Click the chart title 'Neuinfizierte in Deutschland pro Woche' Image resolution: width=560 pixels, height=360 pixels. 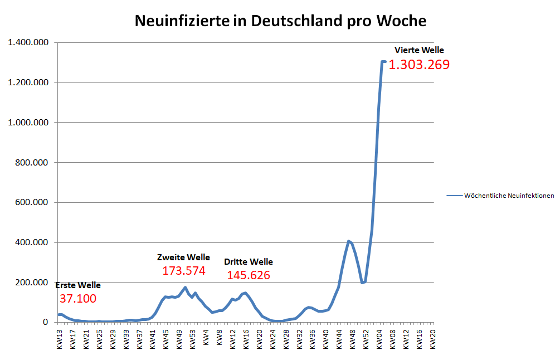coord(280,21)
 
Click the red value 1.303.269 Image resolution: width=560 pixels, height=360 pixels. coord(419,65)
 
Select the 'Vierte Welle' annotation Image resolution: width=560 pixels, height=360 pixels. coord(419,50)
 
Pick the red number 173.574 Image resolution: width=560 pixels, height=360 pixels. coord(184,271)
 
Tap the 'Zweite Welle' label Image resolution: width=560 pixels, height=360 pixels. coord(183,257)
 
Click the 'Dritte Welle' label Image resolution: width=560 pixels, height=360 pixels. coord(249,262)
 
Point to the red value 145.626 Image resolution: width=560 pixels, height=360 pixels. coord(249,275)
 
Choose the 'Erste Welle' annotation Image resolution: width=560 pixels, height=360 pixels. coord(78,285)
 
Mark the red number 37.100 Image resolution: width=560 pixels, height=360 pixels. coord(78,299)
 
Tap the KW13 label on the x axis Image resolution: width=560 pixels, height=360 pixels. coord(60,338)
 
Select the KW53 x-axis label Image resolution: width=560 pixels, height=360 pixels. coord(193,338)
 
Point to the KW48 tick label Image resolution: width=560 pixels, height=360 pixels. coord(352,338)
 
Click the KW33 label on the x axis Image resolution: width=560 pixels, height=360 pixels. coord(126,338)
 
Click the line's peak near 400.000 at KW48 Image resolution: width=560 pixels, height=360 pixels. coord(349,241)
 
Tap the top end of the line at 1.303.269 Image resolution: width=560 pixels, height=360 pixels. coord(383,62)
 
